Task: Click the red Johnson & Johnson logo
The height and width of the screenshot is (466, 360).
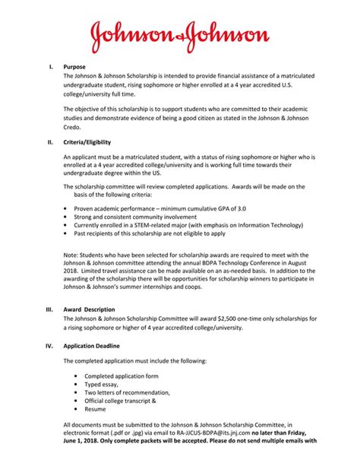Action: (x=180, y=35)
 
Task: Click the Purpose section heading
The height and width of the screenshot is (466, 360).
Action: (x=75, y=68)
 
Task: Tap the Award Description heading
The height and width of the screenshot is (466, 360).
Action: (x=90, y=309)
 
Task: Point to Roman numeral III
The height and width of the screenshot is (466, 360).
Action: (x=49, y=309)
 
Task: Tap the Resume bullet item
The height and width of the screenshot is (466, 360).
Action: (x=96, y=408)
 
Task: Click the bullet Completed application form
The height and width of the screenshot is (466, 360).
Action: (x=121, y=376)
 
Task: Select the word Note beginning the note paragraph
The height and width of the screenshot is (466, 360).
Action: (x=71, y=255)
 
